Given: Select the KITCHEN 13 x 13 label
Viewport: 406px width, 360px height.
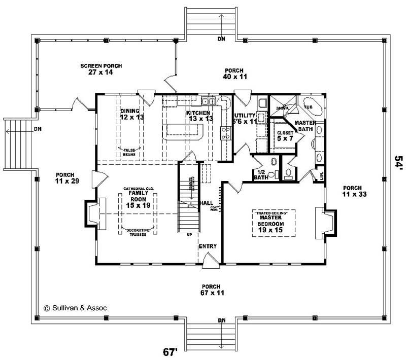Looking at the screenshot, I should coord(198,116).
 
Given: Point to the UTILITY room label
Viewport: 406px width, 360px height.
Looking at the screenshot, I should coord(244,119).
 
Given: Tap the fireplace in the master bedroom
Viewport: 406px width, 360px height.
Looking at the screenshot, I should coord(324,222).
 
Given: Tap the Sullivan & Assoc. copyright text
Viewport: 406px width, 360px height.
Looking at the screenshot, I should coord(75,307).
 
